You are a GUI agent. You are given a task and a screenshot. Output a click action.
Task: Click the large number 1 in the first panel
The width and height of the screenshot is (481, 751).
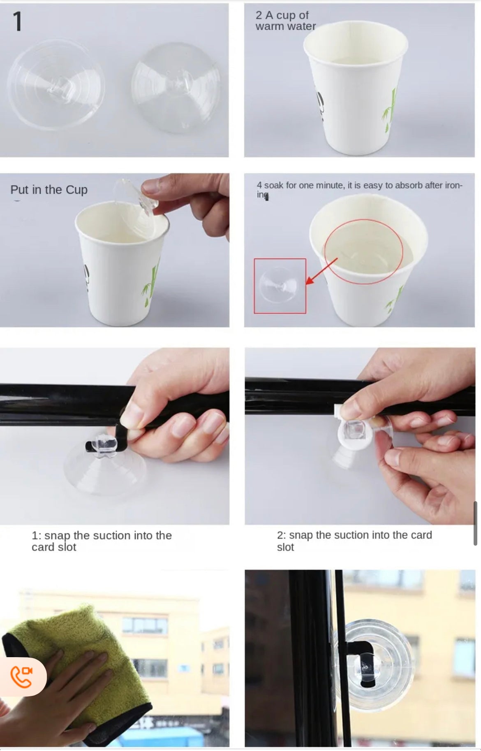tap(17, 21)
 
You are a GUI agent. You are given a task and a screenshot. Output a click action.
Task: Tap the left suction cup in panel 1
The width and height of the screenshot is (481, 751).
tap(56, 85)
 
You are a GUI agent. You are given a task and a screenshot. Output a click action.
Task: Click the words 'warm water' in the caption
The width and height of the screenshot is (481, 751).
tap(286, 26)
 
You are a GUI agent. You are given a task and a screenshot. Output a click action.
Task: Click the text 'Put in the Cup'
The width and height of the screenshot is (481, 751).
tap(49, 190)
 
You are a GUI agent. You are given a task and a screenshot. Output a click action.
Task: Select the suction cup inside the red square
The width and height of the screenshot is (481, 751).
tap(280, 286)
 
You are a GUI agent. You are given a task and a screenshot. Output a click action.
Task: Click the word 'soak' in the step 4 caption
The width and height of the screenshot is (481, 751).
tap(273, 185)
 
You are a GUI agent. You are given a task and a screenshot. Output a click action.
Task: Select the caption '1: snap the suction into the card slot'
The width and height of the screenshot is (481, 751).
tap(102, 541)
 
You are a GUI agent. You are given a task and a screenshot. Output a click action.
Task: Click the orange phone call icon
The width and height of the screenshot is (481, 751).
tap(21, 677)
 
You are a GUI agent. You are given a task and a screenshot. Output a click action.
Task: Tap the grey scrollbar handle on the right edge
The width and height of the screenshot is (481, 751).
tap(476, 523)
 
